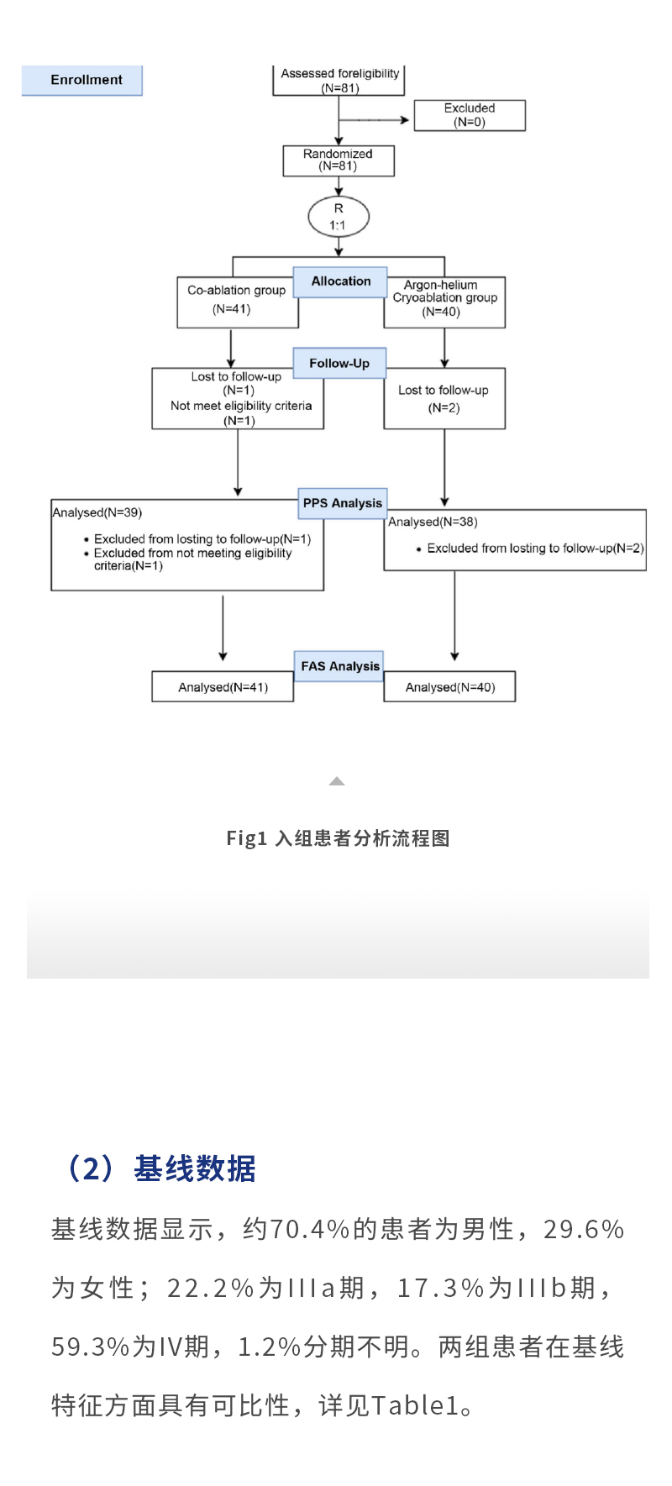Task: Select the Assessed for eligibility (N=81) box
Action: coord(339,80)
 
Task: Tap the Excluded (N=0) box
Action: coord(470,115)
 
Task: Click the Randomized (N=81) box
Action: coord(339,160)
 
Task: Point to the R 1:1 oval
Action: coord(339,217)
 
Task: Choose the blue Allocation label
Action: coord(340,281)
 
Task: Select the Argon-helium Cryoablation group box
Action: coord(444,301)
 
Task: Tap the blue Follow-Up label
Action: coord(339,363)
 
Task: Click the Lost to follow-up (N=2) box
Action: coord(444,399)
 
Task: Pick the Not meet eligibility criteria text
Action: coord(241,406)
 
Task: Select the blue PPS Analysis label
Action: coord(343,503)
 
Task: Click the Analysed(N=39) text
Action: coord(97,512)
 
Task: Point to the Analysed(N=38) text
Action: coord(433,522)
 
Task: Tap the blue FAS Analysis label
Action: coord(339,666)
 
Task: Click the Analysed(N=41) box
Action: coord(223,687)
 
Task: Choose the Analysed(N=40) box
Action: coord(449,687)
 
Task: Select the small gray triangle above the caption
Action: coord(337,781)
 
